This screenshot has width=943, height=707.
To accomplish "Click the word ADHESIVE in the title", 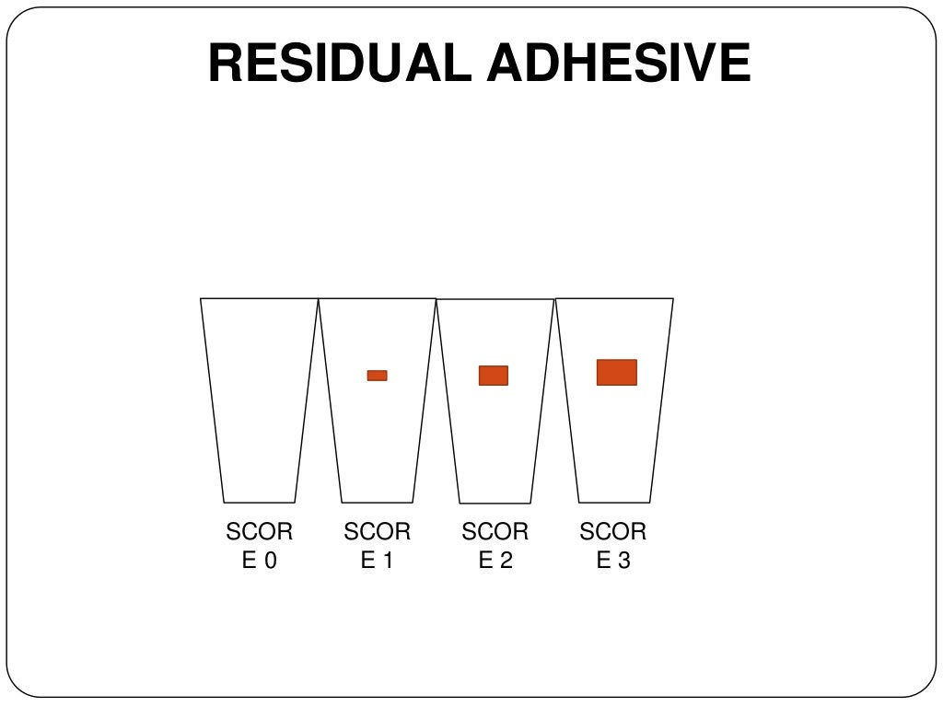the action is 619,64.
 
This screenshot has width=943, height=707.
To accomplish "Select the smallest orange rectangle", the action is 377,376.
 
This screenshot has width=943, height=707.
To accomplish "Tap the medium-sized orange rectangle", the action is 493,376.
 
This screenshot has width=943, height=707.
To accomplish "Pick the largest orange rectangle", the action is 616,372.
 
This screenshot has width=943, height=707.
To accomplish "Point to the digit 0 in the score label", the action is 269,561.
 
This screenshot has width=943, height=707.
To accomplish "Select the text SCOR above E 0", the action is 259,532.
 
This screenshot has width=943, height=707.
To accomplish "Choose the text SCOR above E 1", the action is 377,532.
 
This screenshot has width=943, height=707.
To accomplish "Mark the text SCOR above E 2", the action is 495,532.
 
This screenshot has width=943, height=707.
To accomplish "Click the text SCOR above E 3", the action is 612,532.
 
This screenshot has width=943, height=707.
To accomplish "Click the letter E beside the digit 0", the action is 249,561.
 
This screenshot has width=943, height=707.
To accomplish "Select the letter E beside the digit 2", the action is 484,561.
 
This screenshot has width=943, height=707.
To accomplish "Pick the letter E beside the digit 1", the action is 367,561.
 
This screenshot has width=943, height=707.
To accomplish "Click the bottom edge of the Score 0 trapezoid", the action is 259,502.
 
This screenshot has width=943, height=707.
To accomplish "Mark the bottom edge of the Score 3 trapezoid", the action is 614,502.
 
